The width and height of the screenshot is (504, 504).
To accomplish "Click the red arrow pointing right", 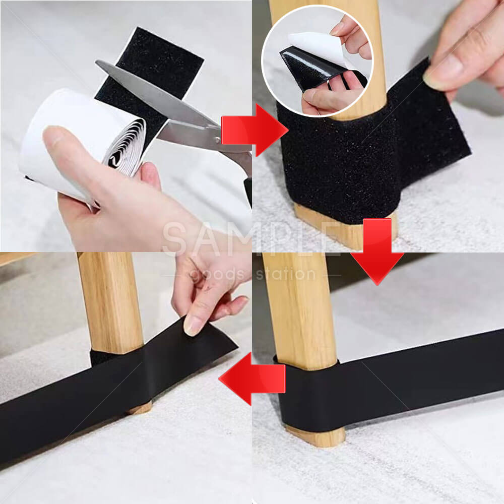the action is pyautogui.click(x=255, y=130).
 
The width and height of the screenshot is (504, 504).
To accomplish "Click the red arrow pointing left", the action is pyautogui.click(x=251, y=379).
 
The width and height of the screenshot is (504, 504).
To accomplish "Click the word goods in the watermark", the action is pyautogui.click(x=217, y=275).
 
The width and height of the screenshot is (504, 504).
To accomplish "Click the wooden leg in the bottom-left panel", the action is pyautogui.click(x=111, y=304).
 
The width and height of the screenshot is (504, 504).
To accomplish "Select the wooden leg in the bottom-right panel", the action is pyautogui.click(x=300, y=310).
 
